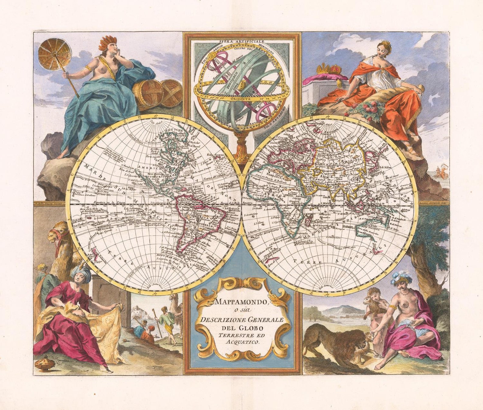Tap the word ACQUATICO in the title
pos(242,342)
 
